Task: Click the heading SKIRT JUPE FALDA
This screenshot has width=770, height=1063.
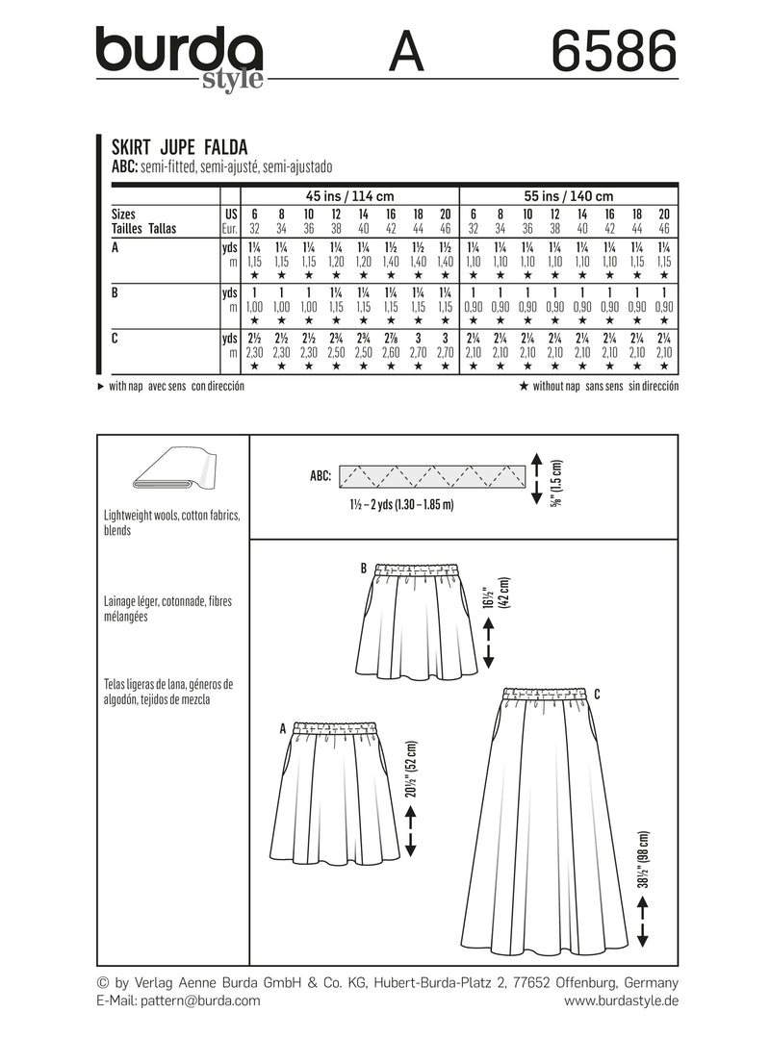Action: tap(180, 147)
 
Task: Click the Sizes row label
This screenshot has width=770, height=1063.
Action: tap(123, 215)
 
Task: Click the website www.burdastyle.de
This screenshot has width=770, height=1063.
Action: tap(620, 1000)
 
